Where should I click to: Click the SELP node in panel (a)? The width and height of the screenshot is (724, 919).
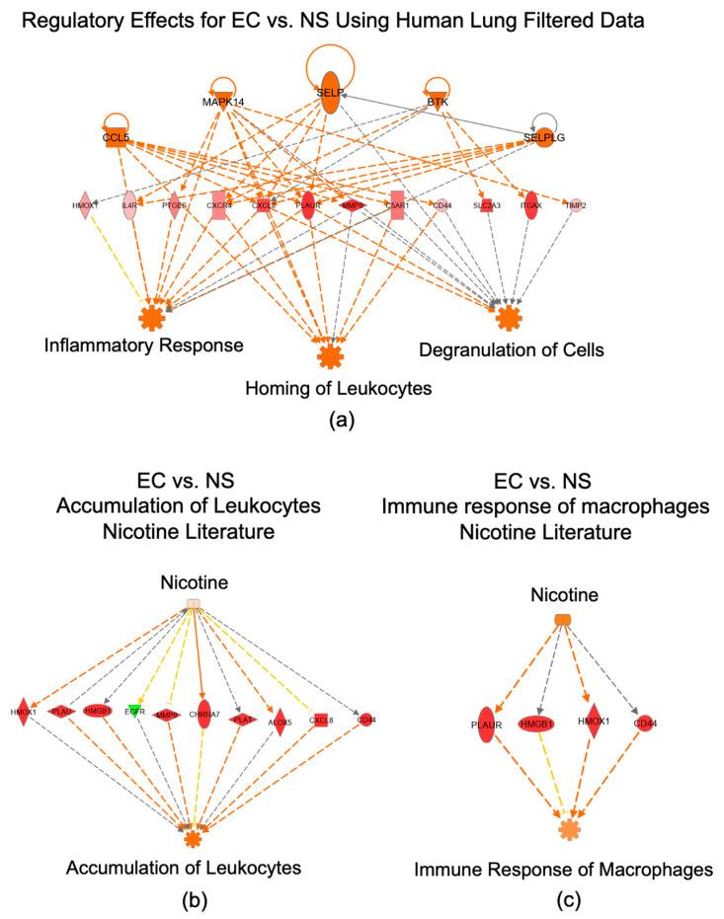pos(329,91)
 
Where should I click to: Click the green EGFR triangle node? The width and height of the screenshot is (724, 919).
pos(135,711)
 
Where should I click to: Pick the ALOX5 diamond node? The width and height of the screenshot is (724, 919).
pos(281,718)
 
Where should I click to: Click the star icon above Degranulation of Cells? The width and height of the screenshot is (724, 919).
pos(508,318)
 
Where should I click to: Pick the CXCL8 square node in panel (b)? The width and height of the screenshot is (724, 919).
pos(319,719)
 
